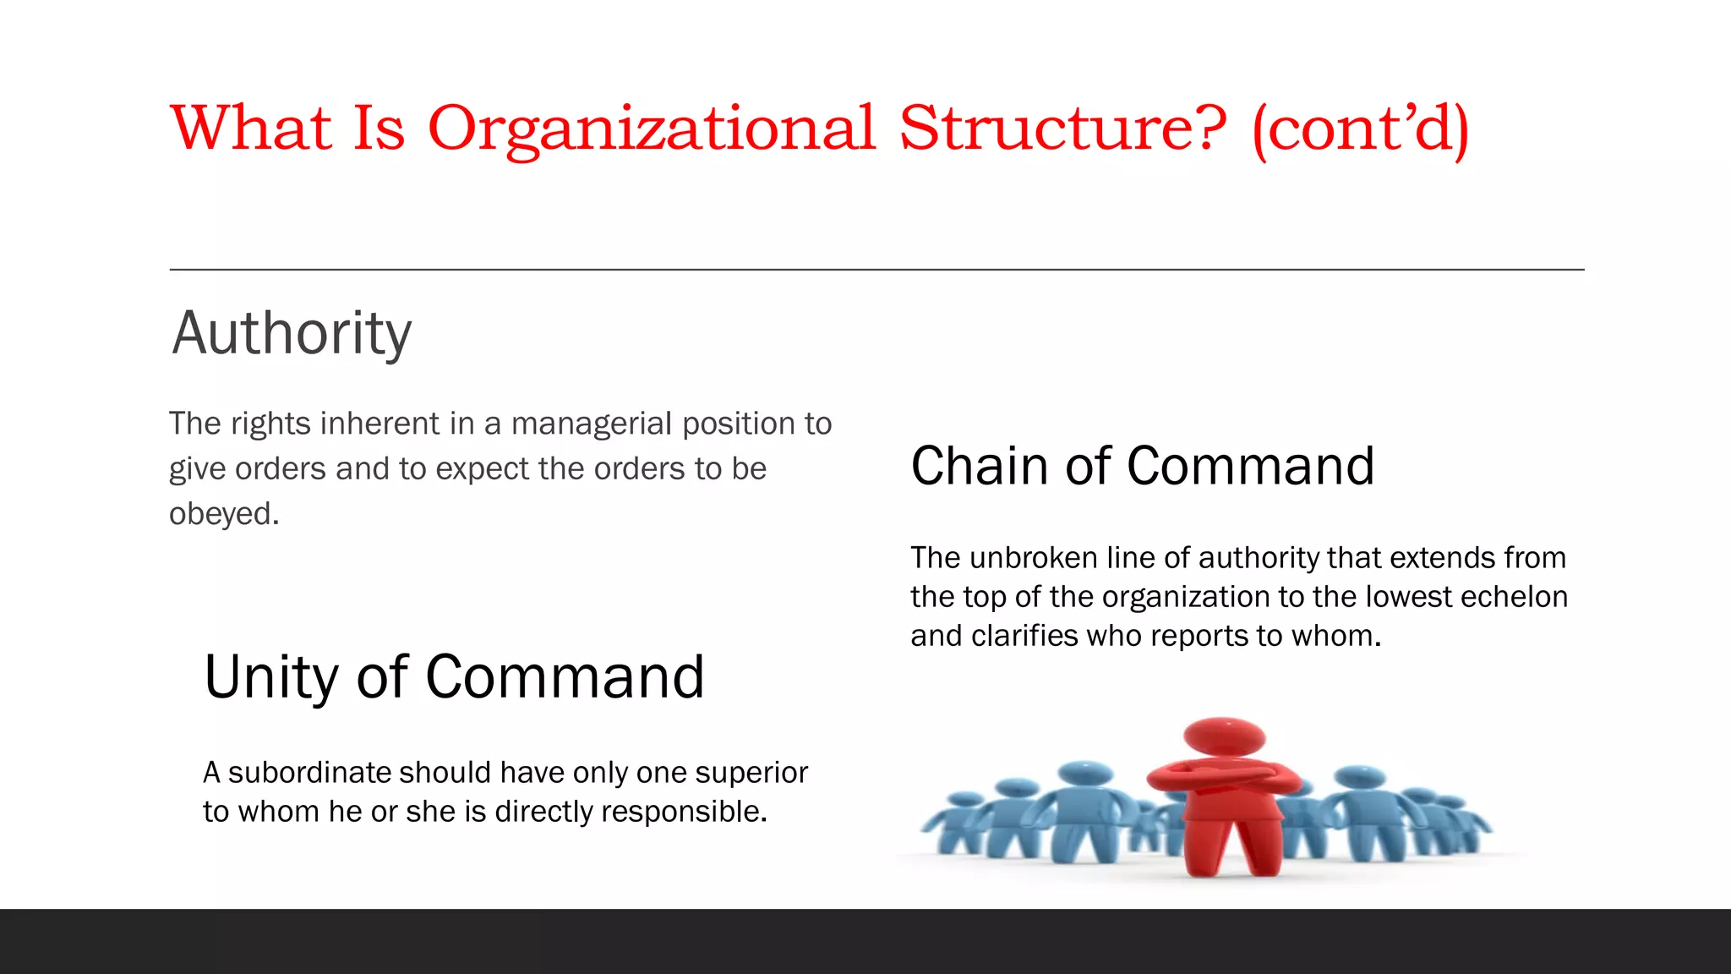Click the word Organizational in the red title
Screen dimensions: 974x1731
pyautogui.click(x=651, y=129)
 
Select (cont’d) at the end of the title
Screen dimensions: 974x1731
pyautogui.click(x=1361, y=129)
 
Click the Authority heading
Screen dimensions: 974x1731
pyautogui.click(x=292, y=333)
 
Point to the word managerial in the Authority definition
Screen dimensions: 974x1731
pyautogui.click(x=592, y=424)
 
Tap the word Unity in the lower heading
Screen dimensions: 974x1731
pyautogui.click(x=270, y=677)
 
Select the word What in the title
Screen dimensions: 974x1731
pyautogui.click(x=251, y=129)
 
